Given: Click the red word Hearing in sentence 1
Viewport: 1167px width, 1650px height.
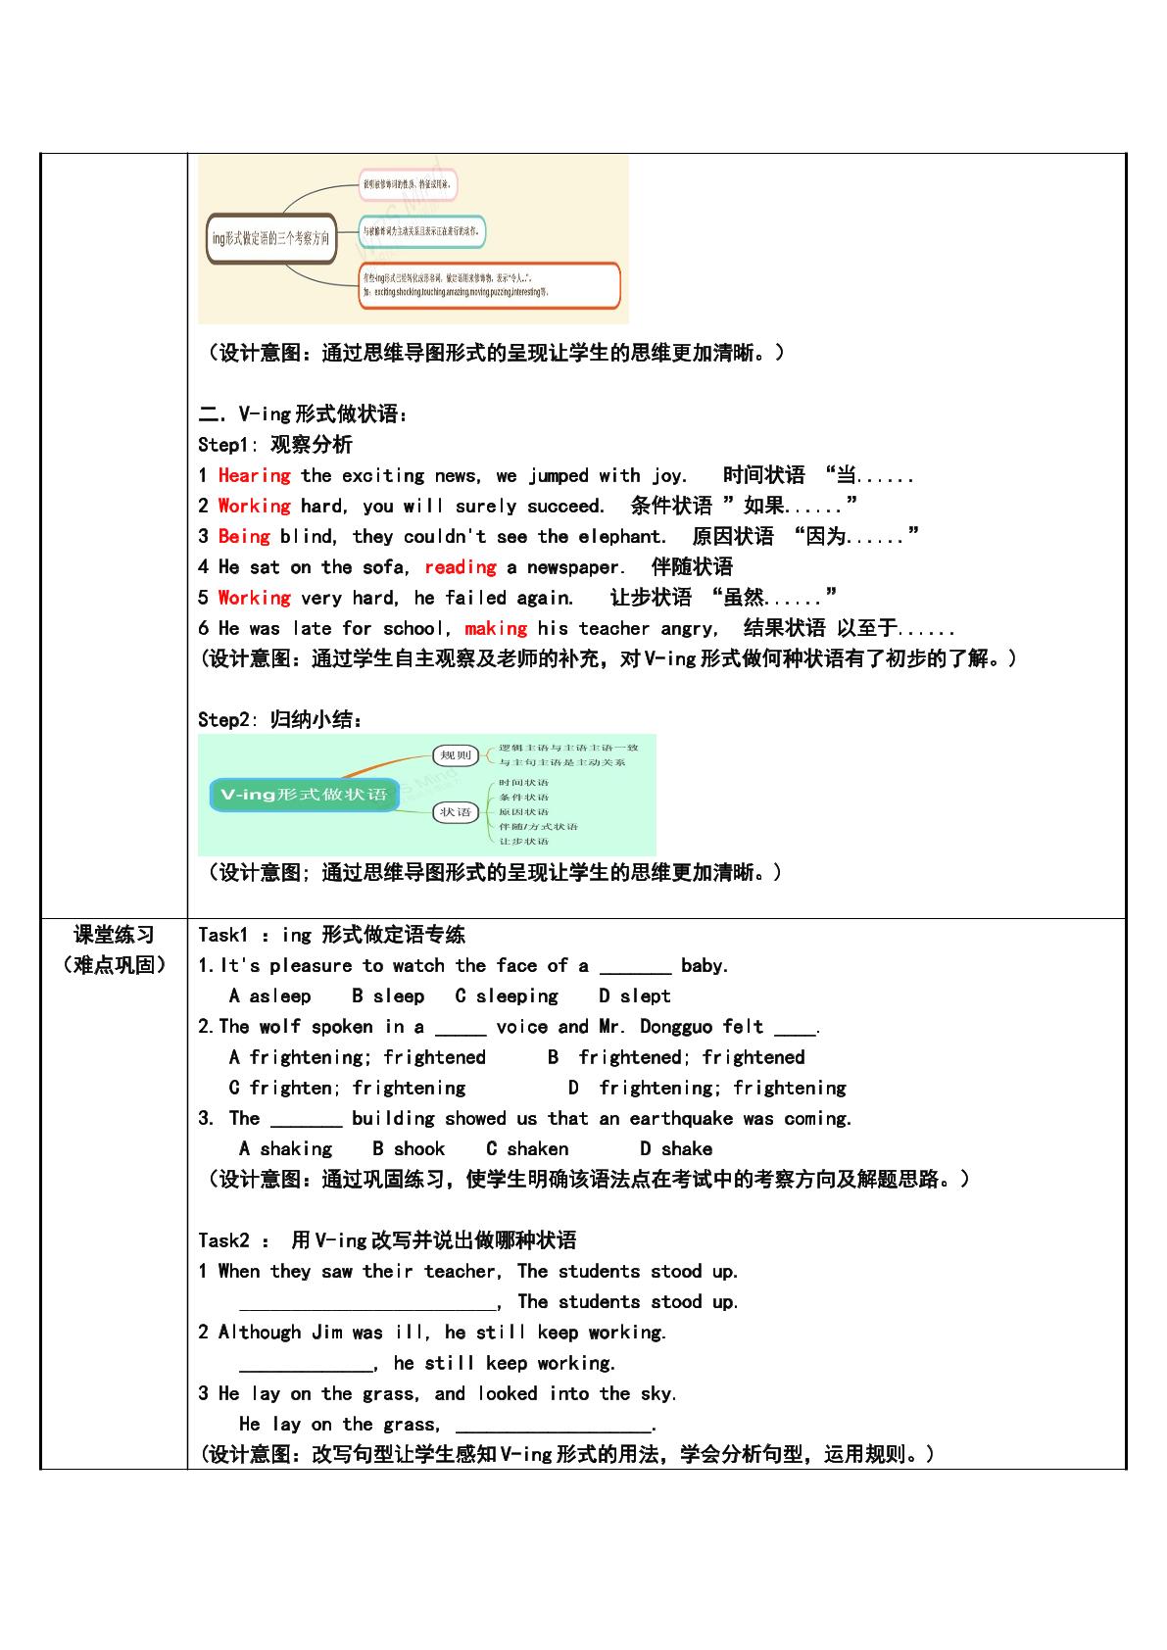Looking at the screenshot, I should tap(254, 476).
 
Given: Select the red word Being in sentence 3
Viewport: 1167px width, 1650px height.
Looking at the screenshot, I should tap(243, 537).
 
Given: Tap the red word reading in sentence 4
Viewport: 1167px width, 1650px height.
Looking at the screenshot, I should tap(460, 567).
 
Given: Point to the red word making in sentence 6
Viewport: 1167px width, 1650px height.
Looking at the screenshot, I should tap(495, 628).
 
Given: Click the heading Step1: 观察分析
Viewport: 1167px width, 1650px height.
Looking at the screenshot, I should tap(274, 445).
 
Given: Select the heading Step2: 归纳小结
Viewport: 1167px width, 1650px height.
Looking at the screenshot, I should tap(280, 720).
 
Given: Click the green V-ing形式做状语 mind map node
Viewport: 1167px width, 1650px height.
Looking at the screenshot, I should tap(304, 795).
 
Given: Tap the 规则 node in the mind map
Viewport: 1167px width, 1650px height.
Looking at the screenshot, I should tap(456, 754).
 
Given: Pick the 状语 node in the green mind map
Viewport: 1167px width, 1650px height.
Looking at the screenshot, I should tap(456, 811).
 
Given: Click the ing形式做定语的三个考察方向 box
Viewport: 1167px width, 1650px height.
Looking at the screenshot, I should tap(271, 238).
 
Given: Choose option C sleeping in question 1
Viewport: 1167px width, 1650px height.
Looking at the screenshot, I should tap(506, 996).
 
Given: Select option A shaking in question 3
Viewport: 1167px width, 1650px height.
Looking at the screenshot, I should tap(285, 1149).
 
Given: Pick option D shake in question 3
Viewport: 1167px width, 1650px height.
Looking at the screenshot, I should tap(675, 1149).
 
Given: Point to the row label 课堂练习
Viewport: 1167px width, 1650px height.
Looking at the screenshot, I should tap(115, 935).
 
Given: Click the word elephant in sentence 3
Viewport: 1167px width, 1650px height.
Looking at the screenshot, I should tap(621, 537).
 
